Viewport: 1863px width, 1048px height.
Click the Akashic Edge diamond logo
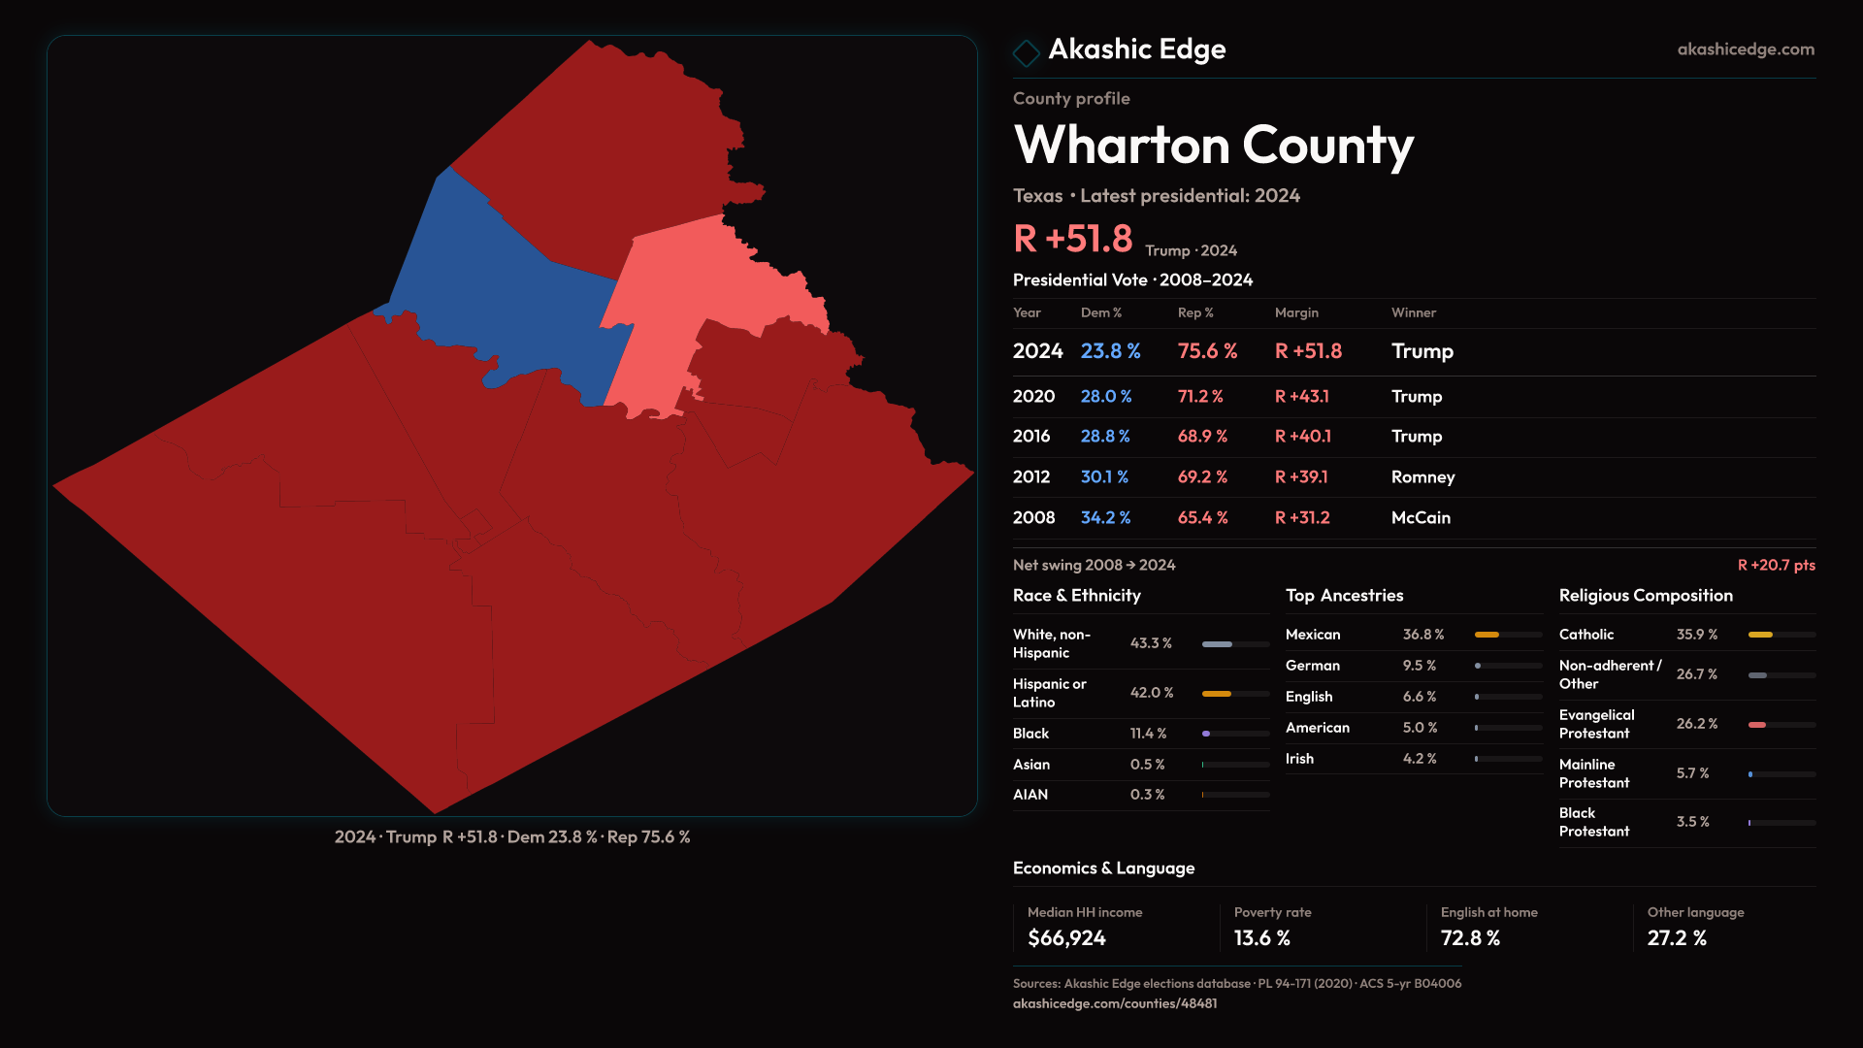[x=1026, y=51]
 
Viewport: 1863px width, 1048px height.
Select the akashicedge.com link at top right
[x=1745, y=49]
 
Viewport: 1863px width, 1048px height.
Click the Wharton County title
[x=1213, y=146]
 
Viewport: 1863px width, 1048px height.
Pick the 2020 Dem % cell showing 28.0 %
[x=1106, y=397]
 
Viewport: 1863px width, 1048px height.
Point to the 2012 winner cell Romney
[x=1422, y=477]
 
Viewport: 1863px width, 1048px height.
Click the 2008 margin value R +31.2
[x=1302, y=518]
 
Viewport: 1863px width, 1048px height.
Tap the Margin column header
[x=1296, y=312]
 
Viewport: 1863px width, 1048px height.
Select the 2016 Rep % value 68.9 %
[x=1202, y=437]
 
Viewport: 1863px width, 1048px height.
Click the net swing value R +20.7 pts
[x=1776, y=565]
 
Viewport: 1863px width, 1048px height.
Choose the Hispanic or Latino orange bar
[x=1217, y=694]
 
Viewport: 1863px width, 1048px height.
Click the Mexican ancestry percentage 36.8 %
[x=1423, y=635]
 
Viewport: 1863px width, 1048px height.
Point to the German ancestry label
[x=1313, y=666]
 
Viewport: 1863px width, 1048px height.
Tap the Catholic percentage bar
[x=1760, y=635]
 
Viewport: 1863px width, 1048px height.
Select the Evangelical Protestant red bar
[x=1757, y=725]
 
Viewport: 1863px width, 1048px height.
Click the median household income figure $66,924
[x=1066, y=938]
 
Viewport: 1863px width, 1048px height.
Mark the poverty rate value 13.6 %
[x=1261, y=938]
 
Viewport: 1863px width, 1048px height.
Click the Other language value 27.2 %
[x=1677, y=938]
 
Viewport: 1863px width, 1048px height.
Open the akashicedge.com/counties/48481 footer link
[x=1115, y=1003]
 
